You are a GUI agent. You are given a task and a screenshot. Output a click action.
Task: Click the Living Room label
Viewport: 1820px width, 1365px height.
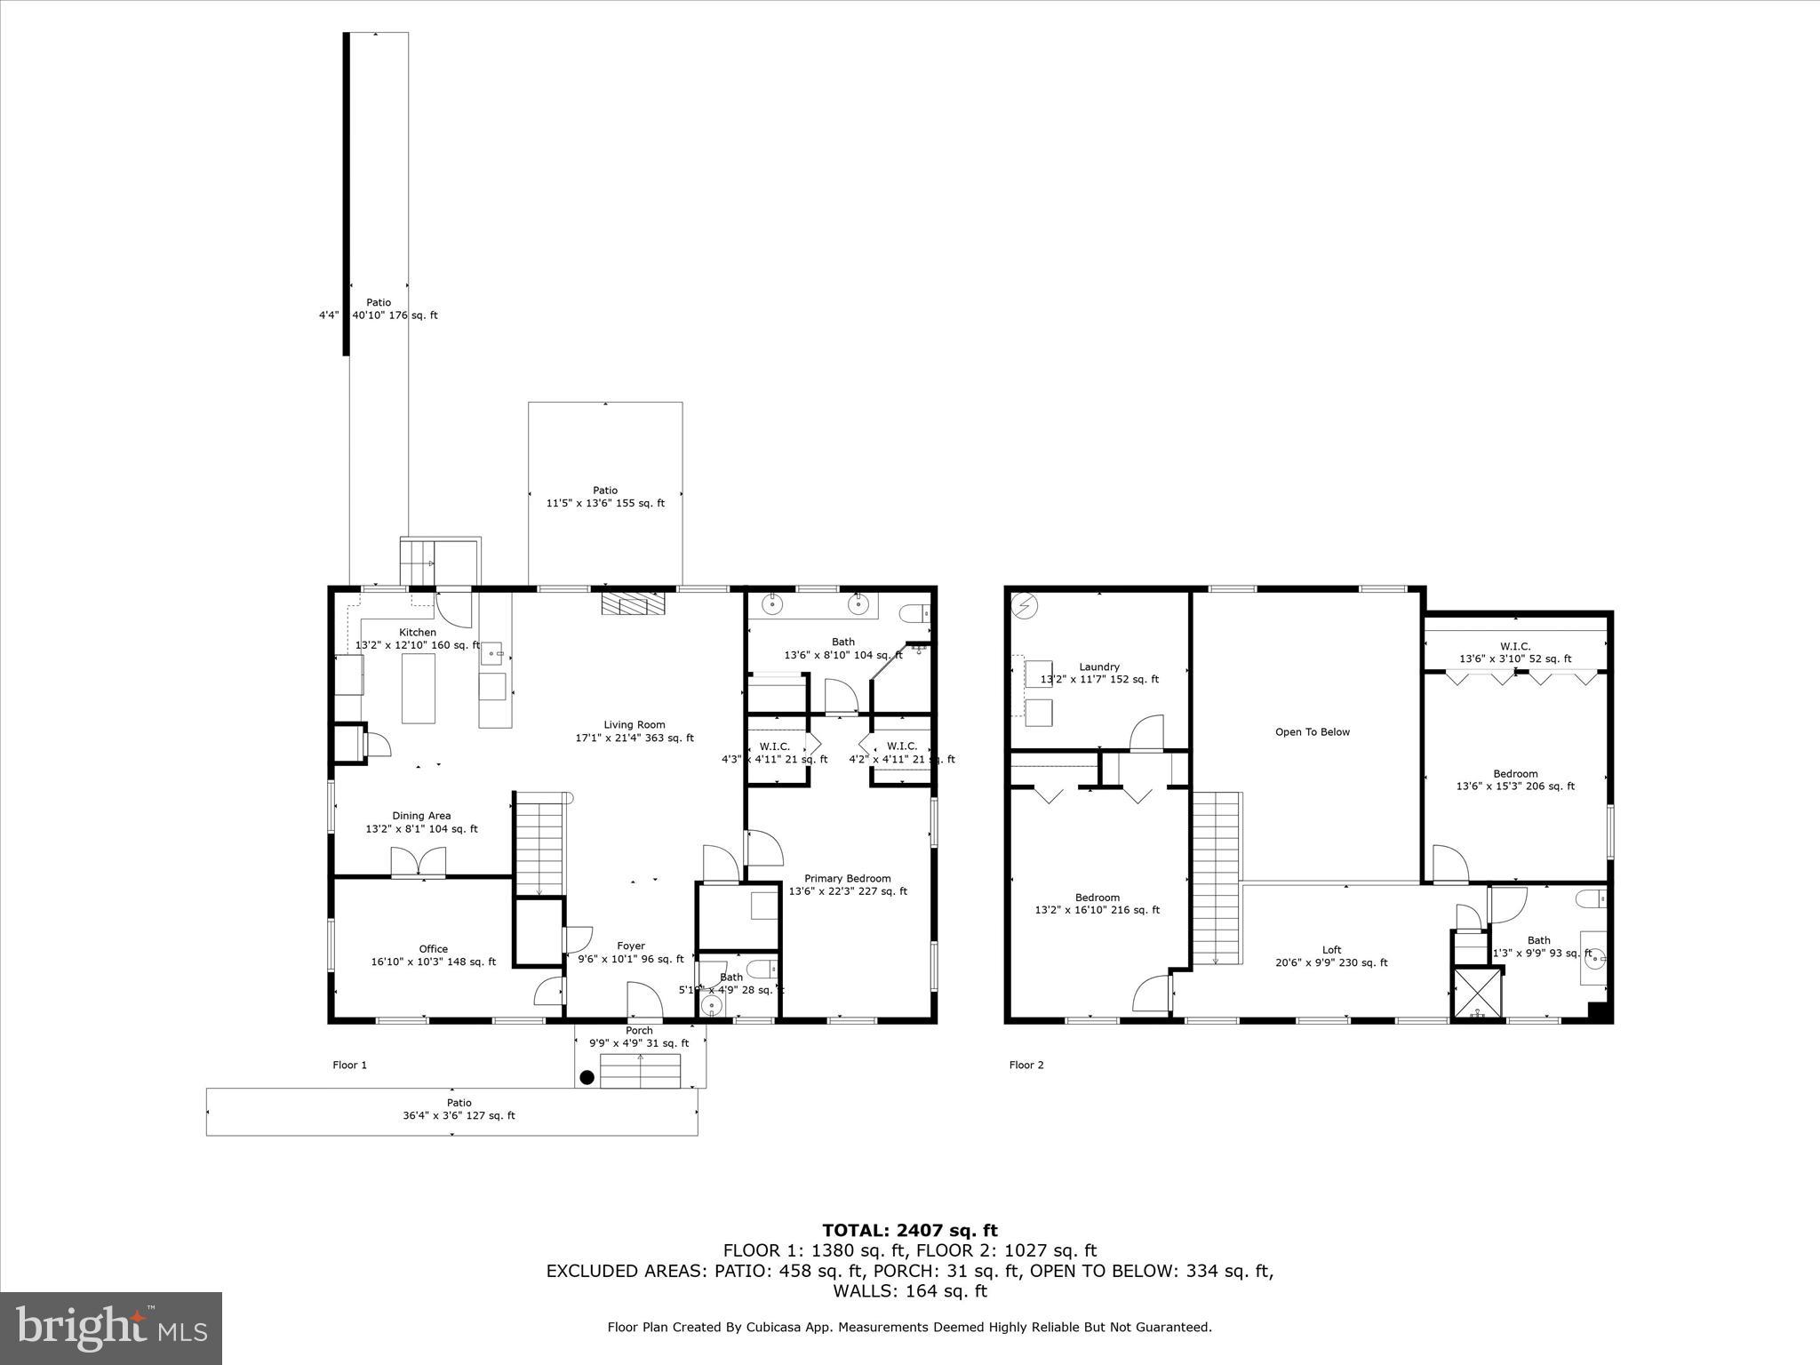(x=635, y=730)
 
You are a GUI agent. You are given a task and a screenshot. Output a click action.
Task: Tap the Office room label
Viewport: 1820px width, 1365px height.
(x=434, y=954)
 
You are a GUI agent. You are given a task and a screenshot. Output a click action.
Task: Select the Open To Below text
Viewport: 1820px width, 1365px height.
(x=1312, y=732)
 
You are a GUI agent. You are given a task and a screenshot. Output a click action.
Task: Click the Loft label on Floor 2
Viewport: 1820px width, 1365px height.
(x=1331, y=955)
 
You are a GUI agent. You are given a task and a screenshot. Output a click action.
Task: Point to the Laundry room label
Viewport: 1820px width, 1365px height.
(x=1099, y=673)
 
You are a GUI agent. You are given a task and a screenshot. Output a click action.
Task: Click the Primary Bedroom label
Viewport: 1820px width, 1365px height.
(x=847, y=884)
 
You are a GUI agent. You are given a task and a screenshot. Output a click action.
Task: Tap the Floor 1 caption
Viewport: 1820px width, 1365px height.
(x=349, y=1065)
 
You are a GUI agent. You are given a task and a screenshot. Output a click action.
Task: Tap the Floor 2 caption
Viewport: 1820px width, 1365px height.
(x=1026, y=1065)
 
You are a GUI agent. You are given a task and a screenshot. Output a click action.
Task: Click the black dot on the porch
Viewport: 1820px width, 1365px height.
(x=587, y=1078)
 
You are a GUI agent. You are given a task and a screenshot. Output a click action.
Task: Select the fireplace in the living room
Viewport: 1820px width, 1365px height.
(x=632, y=604)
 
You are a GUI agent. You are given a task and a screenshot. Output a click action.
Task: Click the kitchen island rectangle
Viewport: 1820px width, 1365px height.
(x=419, y=688)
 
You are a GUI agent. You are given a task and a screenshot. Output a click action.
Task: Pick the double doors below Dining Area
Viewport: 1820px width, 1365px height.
(x=419, y=862)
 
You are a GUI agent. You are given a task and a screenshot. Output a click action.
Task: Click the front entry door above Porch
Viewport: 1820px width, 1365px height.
(x=644, y=1001)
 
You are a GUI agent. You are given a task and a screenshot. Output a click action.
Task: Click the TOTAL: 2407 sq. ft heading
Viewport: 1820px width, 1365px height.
(x=909, y=1230)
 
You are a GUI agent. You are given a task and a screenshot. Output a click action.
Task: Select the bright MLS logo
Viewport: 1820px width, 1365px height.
(x=111, y=1328)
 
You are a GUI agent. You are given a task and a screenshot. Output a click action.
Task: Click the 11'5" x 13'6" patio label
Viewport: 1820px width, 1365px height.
(x=605, y=497)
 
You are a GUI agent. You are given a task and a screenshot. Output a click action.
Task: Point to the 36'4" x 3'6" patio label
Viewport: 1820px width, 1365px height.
(x=459, y=1109)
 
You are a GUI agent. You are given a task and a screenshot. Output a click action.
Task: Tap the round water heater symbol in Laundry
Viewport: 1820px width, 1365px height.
(x=1026, y=607)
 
